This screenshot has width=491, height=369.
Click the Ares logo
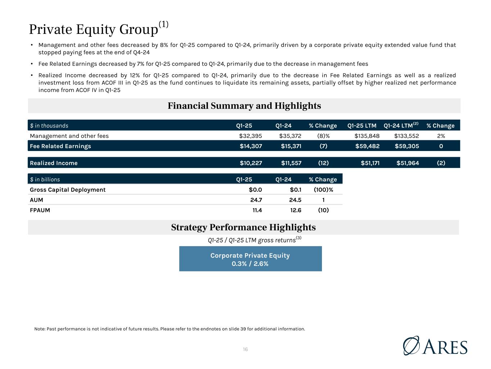(x=435, y=346)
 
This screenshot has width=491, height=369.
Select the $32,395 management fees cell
(x=250, y=136)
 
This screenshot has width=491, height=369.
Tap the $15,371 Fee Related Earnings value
(x=291, y=146)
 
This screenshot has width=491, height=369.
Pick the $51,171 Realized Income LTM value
(x=370, y=163)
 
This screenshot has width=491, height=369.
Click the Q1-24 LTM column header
(x=401, y=125)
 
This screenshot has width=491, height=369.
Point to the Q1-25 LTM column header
(x=362, y=125)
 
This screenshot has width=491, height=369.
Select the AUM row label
(x=36, y=200)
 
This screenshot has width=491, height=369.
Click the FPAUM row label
(x=40, y=210)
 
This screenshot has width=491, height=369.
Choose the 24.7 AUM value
(x=256, y=200)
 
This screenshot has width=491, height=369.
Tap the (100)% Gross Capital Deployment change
(x=323, y=190)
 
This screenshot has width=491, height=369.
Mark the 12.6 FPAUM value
(x=295, y=210)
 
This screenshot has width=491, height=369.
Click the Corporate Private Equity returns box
(x=250, y=258)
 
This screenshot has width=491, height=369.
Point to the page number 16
(x=245, y=349)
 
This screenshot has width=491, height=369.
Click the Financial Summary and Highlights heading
(x=244, y=106)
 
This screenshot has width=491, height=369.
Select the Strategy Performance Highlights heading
(x=244, y=227)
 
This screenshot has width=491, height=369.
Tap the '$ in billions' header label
(x=45, y=179)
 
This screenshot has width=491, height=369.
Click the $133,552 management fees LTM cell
(x=406, y=136)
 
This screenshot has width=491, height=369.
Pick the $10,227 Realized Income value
(x=251, y=163)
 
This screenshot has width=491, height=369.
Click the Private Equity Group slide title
(x=99, y=28)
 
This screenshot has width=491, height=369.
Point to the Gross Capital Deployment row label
(x=68, y=190)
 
